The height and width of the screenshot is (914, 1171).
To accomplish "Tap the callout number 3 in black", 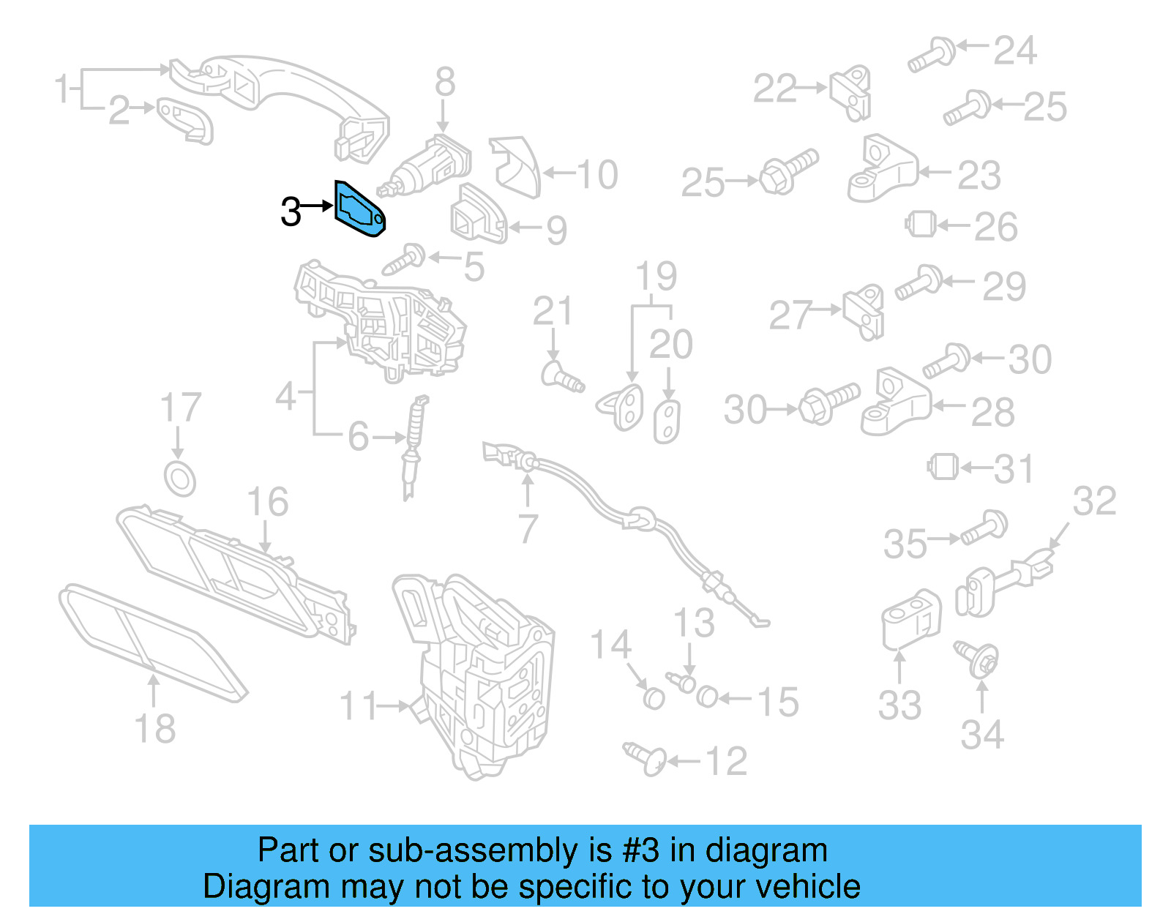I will [x=291, y=212].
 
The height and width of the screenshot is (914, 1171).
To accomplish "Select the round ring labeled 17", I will [x=179, y=479].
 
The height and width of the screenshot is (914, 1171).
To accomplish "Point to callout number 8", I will [x=444, y=82].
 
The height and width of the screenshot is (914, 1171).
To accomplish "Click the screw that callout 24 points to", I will [x=932, y=55].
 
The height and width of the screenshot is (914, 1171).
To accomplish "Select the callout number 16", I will [x=267, y=502].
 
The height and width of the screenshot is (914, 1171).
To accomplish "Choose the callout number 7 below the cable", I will [x=528, y=528].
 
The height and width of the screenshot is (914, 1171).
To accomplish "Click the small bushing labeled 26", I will [x=921, y=224].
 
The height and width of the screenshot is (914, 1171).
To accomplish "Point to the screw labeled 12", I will [x=645, y=758].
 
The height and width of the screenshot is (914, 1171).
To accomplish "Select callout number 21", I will [x=552, y=311].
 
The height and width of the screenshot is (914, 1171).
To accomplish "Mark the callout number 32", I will [x=1094, y=502].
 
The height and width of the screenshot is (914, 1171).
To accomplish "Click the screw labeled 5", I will [x=405, y=259].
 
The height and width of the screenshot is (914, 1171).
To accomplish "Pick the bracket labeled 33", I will [x=910, y=619].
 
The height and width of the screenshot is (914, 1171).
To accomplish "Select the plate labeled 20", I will [x=667, y=422].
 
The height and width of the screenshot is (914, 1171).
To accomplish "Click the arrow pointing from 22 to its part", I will [x=812, y=88].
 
